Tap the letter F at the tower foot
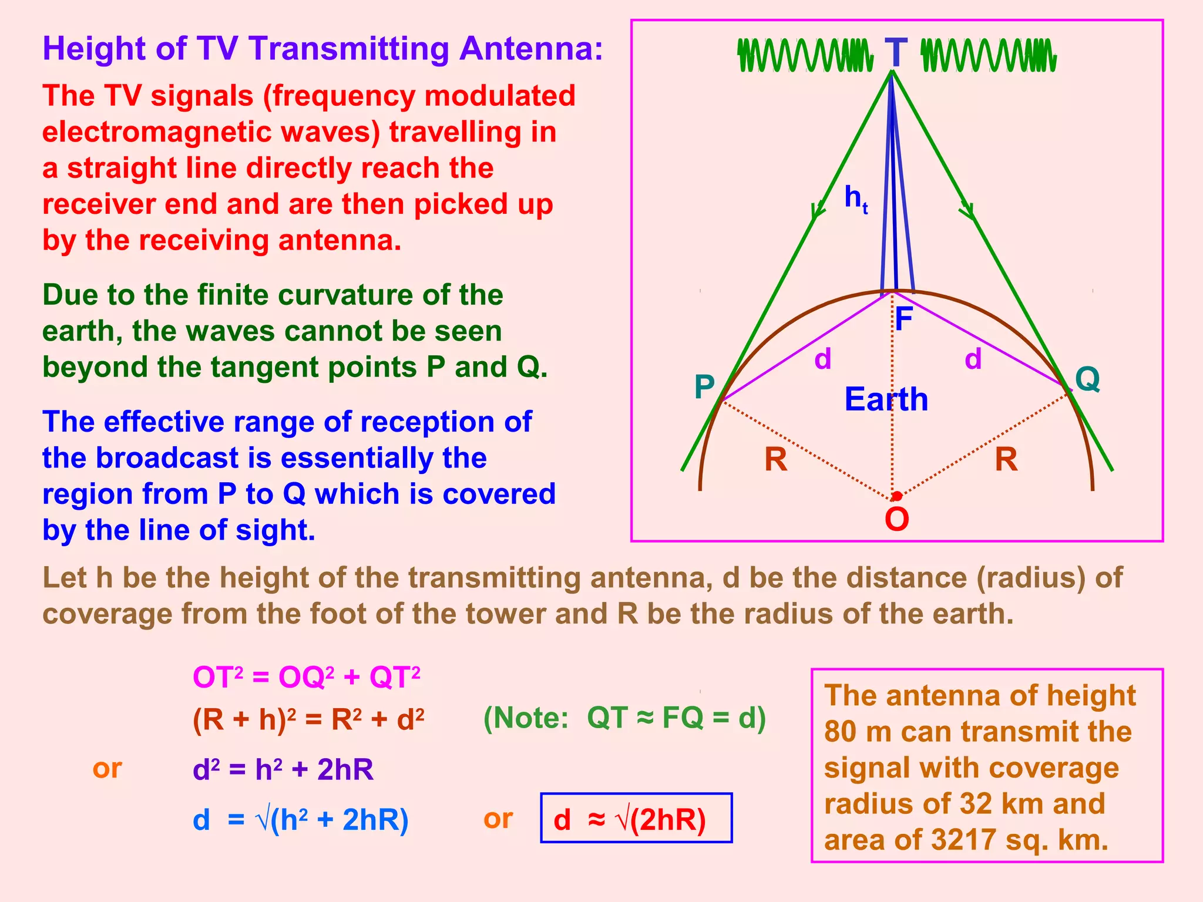(x=903, y=319)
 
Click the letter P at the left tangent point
(x=704, y=387)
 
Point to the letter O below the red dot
(x=897, y=519)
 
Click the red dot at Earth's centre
(x=896, y=497)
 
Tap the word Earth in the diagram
(x=886, y=400)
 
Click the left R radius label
(x=775, y=459)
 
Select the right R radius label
(x=1006, y=459)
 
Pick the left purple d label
(x=823, y=358)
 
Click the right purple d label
(x=973, y=358)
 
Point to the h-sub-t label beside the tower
(x=855, y=198)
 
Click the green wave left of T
(x=805, y=56)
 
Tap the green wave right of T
(x=989, y=56)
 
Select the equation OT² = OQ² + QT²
(x=307, y=678)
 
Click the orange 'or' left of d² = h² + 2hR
(x=107, y=768)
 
